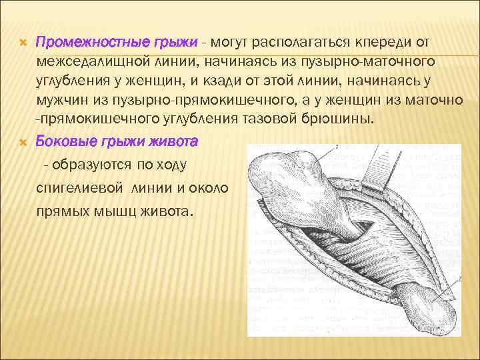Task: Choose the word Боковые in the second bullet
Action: point(62,142)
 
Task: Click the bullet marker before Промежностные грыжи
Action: point(22,43)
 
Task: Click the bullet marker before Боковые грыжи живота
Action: point(22,142)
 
